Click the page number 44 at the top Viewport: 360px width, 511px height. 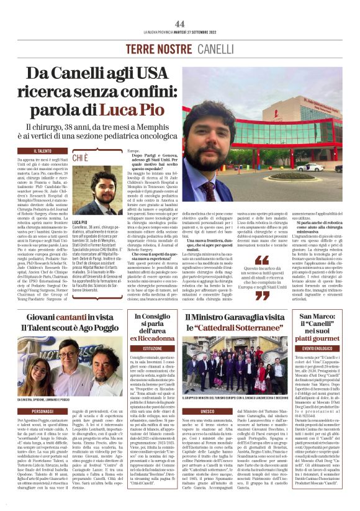(180, 6)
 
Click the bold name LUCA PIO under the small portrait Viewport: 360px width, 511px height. (80, 222)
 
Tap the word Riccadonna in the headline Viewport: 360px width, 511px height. (151, 338)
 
